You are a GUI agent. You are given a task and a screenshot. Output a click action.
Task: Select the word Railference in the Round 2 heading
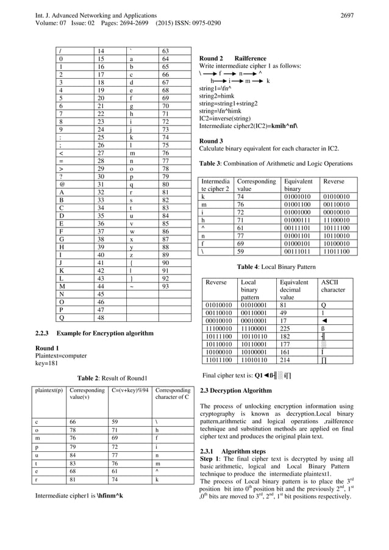point(252,59)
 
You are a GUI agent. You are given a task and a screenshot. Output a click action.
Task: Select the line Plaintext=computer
point(61,355)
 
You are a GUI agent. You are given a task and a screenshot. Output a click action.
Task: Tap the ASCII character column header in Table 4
point(333,286)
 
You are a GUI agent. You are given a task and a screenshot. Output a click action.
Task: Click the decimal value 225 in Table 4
point(284,326)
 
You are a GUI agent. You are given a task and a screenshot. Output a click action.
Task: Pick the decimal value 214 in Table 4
point(284,360)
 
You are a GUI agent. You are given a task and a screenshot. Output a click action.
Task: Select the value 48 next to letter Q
point(102,318)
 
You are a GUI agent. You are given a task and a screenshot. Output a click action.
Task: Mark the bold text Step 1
point(210,459)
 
